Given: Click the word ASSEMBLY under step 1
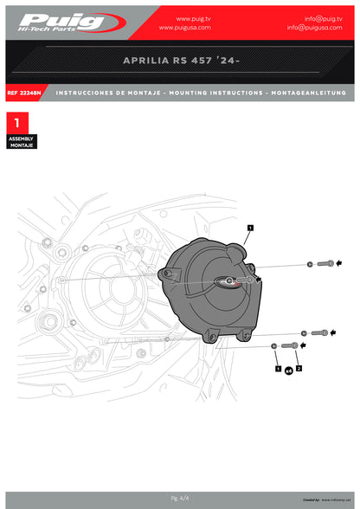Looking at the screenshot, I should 21,139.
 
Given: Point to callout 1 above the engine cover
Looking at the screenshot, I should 249,227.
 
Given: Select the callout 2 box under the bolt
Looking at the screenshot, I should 299,369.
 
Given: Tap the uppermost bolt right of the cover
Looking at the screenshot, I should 325,263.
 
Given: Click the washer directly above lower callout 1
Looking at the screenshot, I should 274,346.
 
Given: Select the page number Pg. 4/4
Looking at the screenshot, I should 180,498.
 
